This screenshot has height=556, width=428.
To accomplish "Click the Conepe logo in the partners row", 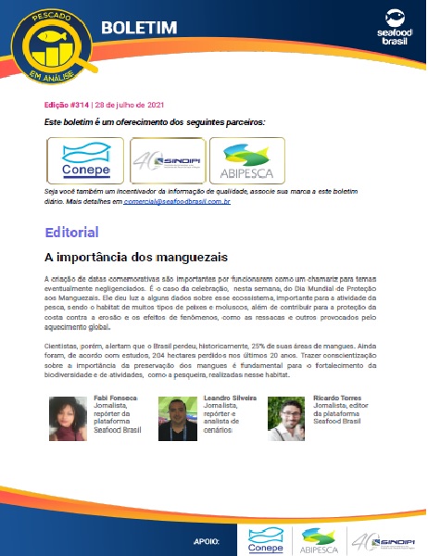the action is (x=86, y=160).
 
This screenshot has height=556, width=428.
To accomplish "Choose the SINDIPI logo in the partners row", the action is (x=167, y=160).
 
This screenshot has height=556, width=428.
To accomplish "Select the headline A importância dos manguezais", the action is (x=136, y=257).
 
